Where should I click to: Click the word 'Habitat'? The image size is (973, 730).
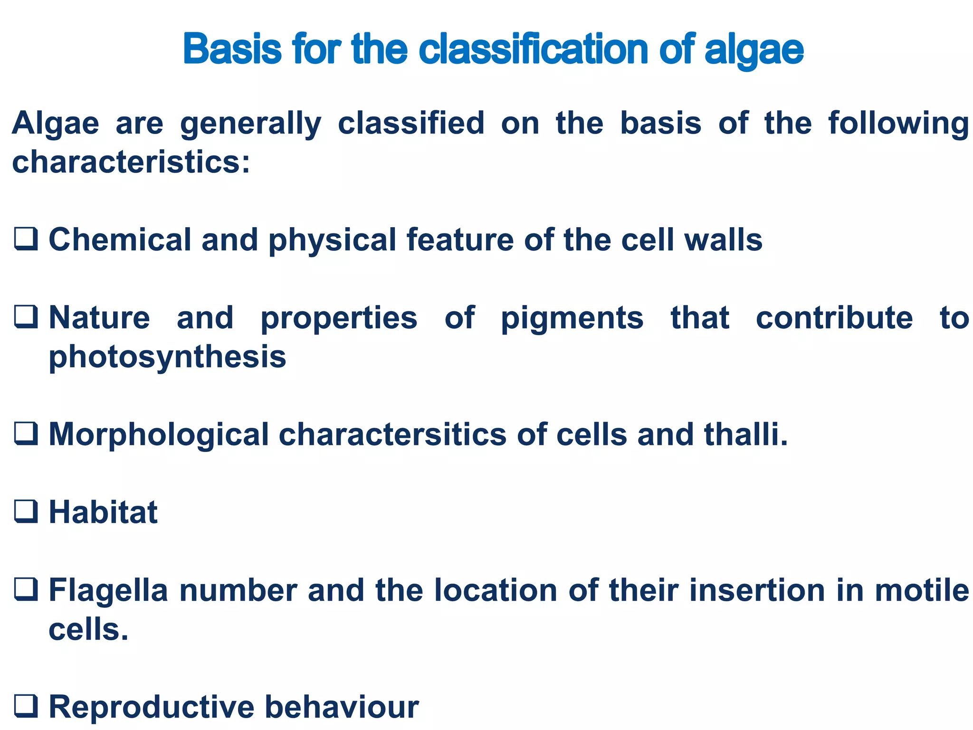(103, 512)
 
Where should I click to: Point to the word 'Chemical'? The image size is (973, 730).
(120, 239)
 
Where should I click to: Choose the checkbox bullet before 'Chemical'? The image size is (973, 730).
(26, 238)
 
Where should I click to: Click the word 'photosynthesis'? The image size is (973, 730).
(167, 357)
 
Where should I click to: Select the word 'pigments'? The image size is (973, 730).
(572, 318)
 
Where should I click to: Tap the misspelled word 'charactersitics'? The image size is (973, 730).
(392, 434)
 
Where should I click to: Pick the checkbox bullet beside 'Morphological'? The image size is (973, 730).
(26, 433)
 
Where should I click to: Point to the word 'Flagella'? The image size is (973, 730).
(108, 590)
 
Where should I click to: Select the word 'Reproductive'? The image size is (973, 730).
(152, 707)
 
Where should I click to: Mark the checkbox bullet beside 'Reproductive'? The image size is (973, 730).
(26, 706)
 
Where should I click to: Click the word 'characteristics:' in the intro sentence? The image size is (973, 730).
(131, 162)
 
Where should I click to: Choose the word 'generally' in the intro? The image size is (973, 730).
(250, 124)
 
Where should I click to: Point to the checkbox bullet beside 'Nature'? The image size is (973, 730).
(26, 317)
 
